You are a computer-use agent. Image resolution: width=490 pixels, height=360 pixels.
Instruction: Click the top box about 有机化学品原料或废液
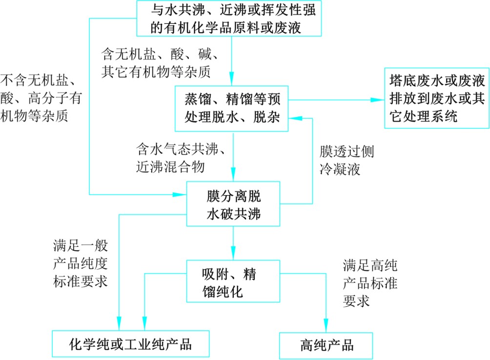point(229,19)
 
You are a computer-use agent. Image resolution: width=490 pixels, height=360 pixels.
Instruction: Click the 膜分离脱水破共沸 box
point(233,205)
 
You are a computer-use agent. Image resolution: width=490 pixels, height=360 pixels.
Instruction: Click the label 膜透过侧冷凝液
point(347,160)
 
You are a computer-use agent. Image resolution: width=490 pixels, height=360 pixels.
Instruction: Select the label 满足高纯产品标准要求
point(370,283)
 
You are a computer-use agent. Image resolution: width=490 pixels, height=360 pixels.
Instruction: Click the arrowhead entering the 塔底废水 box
point(378,100)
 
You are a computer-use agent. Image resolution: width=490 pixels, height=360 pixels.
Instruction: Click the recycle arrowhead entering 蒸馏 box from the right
point(295,117)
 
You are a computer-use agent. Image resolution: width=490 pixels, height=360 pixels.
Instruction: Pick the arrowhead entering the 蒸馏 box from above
point(233,80)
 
